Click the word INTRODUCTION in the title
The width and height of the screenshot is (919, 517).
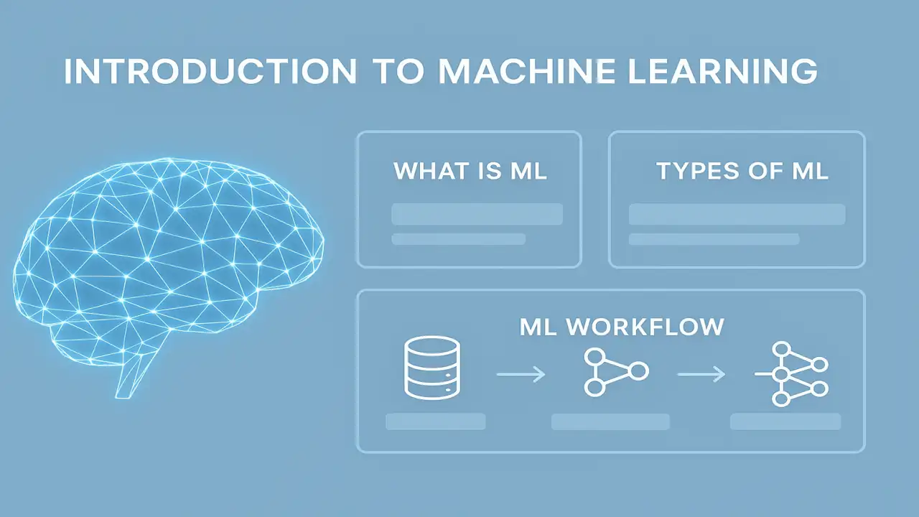point(210,73)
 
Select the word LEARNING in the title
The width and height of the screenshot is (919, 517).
point(721,73)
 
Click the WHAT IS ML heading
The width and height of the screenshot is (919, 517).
point(470,172)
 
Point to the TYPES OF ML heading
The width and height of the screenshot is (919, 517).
point(742,172)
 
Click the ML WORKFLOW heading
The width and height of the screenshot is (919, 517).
point(622,327)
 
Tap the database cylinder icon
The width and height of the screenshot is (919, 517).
point(431,367)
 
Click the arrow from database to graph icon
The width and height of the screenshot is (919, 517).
point(521,373)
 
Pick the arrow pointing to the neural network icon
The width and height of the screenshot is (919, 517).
point(701,373)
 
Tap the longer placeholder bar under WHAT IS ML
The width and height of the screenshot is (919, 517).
point(477,214)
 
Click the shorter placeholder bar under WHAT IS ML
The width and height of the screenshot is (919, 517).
point(458,239)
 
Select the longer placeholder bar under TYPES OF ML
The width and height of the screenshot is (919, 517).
point(737,214)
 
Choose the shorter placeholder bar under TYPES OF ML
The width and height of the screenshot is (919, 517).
point(714,239)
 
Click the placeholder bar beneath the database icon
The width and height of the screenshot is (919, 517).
point(435,421)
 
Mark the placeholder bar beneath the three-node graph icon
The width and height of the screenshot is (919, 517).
point(610,421)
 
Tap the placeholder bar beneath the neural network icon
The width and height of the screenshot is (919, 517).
point(785,421)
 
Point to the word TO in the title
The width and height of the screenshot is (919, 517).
point(397,73)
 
